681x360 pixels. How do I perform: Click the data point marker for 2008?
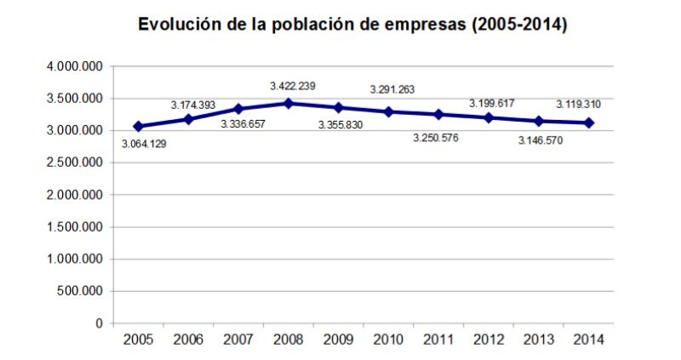pos(289,103)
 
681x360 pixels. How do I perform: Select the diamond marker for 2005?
pos(138,126)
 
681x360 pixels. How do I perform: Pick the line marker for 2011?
pos(438,114)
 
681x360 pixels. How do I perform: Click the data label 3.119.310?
pos(579,105)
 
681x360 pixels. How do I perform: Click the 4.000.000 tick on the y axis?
pos(75,66)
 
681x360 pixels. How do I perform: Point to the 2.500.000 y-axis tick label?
pos(75,163)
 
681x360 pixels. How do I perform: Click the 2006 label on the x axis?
pos(188,340)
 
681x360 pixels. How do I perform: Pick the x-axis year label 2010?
pos(388,340)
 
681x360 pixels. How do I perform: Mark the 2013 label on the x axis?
pos(539,340)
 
